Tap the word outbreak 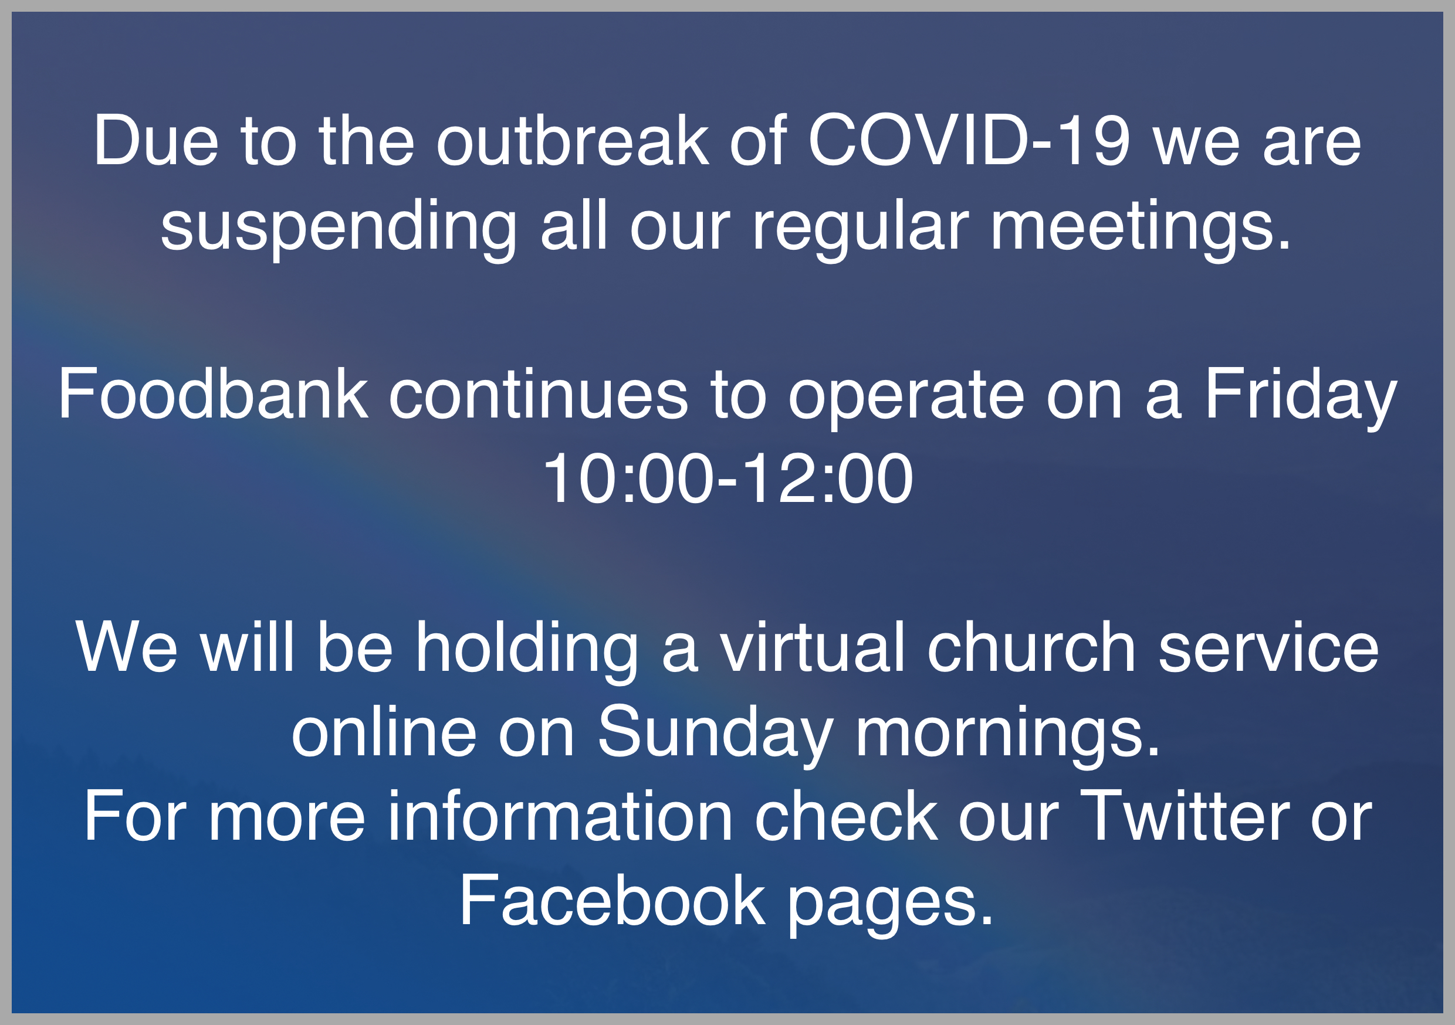tap(573, 141)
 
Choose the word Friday tap(1300, 399)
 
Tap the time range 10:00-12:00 tap(727, 479)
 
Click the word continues tap(538, 394)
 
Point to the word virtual tap(813, 646)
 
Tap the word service tap(1268, 647)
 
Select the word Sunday tap(715, 736)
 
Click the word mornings tap(1007, 736)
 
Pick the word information tap(560, 816)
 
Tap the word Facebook tap(612, 900)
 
